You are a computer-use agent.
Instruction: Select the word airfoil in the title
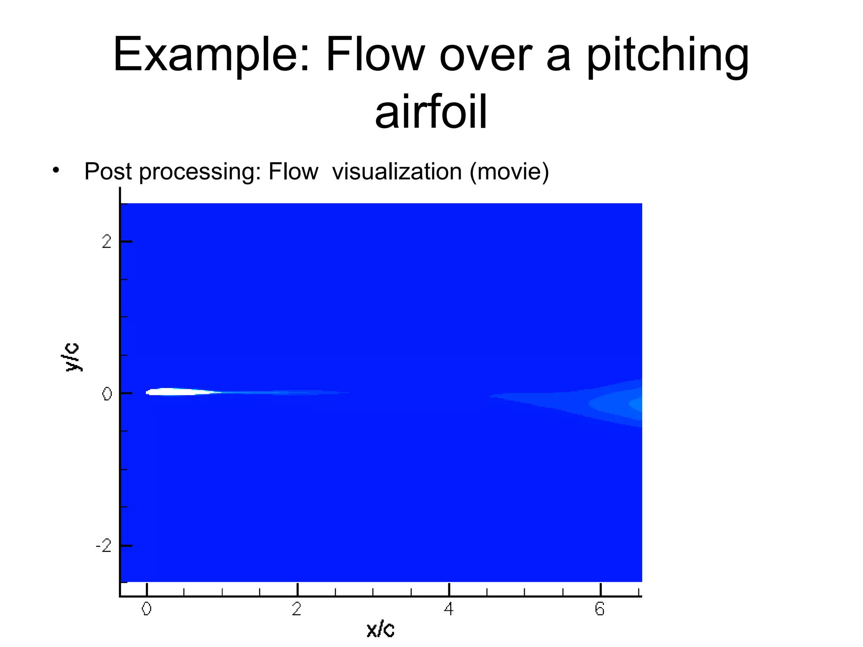pyautogui.click(x=431, y=112)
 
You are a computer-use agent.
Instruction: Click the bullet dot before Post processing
pyautogui.click(x=56, y=171)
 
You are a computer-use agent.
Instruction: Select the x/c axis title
pyautogui.click(x=380, y=629)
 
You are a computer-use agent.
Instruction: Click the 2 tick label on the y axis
pyautogui.click(x=107, y=242)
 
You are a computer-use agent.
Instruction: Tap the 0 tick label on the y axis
pyautogui.click(x=107, y=394)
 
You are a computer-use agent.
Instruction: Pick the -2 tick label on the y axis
pyautogui.click(x=104, y=546)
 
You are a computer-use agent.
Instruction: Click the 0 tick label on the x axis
pyautogui.click(x=146, y=609)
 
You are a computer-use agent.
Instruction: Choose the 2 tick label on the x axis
pyautogui.click(x=297, y=609)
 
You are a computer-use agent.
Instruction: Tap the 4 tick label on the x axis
pyautogui.click(x=449, y=609)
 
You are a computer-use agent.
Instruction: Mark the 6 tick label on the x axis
pyautogui.click(x=600, y=609)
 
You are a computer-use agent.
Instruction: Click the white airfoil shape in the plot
pyautogui.click(x=173, y=392)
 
